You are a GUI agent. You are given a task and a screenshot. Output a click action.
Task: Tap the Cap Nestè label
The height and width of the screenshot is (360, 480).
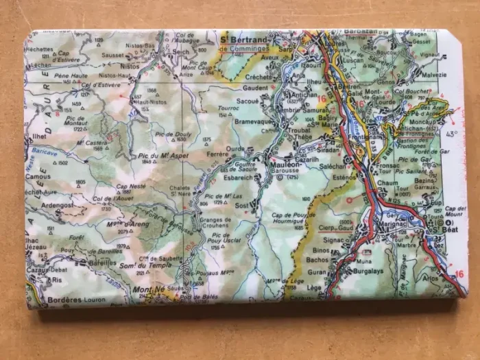coord(131,186)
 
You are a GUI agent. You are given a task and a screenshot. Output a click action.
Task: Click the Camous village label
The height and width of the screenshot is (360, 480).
coord(38,176)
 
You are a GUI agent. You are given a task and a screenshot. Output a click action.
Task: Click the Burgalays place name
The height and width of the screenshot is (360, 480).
coord(368,271)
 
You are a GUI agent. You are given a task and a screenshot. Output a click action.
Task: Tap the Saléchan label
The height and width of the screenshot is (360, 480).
coord(333,166)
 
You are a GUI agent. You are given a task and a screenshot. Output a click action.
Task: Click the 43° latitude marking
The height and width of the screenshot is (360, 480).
coord(452,134)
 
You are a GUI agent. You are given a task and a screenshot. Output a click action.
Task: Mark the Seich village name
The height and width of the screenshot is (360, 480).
coord(182,51)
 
